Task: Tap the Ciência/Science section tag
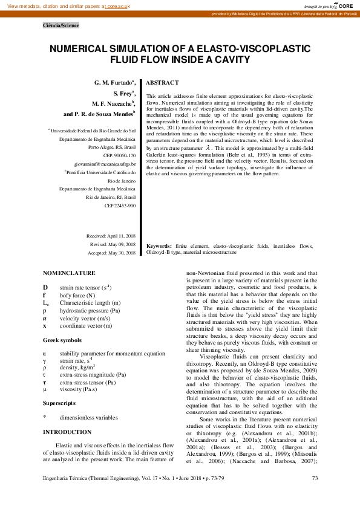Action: tap(61, 25)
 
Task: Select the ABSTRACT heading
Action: tap(163, 82)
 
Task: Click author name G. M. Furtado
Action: tap(114, 82)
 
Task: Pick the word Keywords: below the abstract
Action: tap(159, 247)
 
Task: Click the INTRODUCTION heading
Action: tap(67, 432)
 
